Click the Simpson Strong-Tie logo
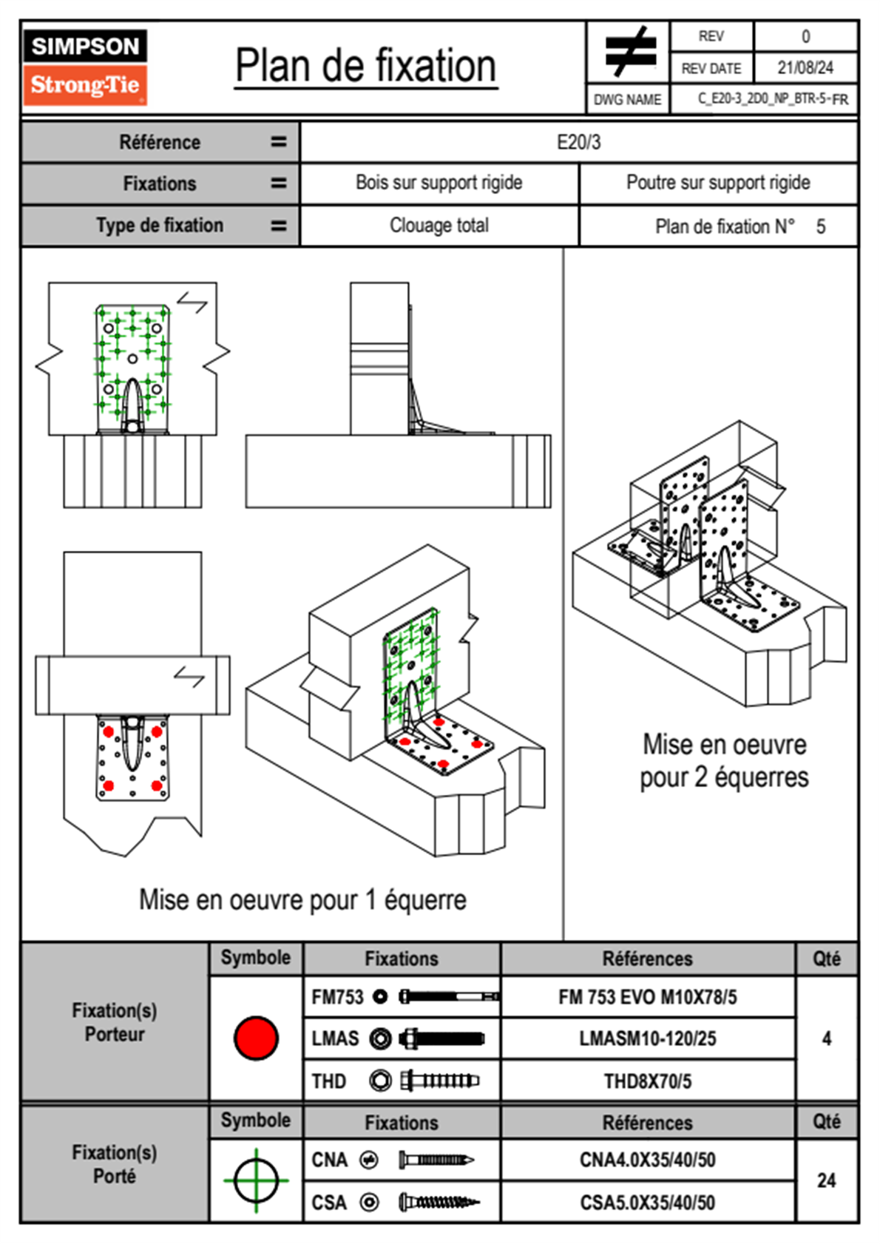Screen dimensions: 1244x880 pyautogui.click(x=85, y=67)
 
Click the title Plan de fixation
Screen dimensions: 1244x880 pyautogui.click(x=365, y=67)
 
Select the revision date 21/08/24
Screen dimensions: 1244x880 pyautogui.click(x=805, y=68)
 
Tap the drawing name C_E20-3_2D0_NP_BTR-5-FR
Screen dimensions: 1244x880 pyautogui.click(x=773, y=99)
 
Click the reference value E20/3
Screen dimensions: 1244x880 pyautogui.click(x=578, y=142)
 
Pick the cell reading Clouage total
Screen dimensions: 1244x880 pyautogui.click(x=439, y=226)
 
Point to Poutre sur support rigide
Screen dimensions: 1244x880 pyautogui.click(x=718, y=183)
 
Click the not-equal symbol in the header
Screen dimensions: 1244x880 pyautogui.click(x=629, y=52)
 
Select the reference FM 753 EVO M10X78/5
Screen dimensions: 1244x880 pyautogui.click(x=647, y=997)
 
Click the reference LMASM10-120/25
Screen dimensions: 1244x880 pyautogui.click(x=647, y=1038)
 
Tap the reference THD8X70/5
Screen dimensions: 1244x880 pyautogui.click(x=647, y=1081)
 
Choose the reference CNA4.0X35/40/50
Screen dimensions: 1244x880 pyautogui.click(x=647, y=1160)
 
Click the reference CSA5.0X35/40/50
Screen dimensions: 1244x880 pyautogui.click(x=647, y=1203)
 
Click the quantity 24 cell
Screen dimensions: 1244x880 pyautogui.click(x=826, y=1180)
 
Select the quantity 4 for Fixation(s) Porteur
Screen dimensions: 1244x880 pyautogui.click(x=826, y=1038)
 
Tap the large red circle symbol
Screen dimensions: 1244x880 pyautogui.click(x=256, y=1038)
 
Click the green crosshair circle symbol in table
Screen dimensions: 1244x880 pyautogui.click(x=256, y=1180)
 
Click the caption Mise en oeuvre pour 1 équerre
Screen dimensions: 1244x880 pyautogui.click(x=302, y=900)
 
